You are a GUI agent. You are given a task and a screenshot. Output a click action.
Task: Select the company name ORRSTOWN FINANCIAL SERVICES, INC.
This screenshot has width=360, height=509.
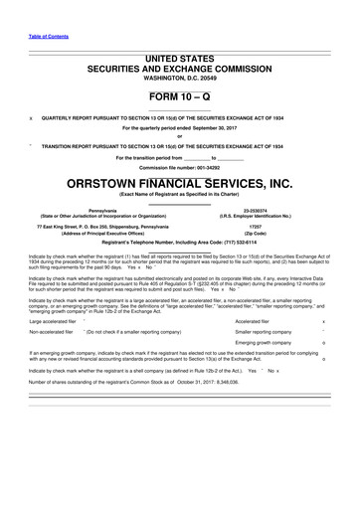pos(179,183)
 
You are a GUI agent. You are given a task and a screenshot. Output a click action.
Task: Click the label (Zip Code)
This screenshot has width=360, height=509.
pos(267,233)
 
